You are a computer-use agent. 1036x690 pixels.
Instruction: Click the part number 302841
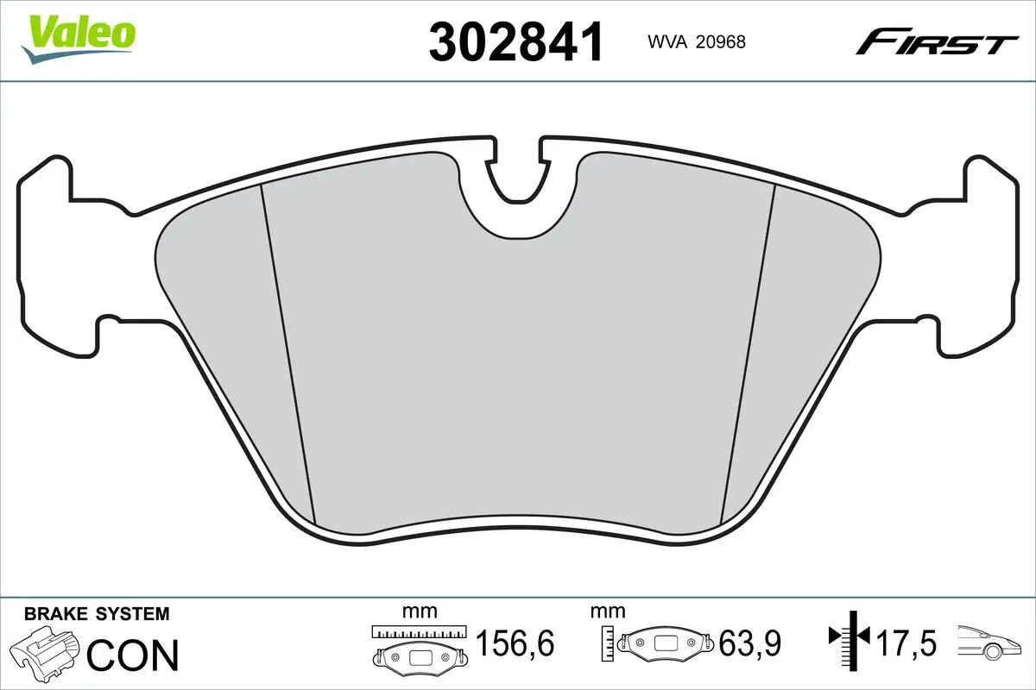tap(515, 41)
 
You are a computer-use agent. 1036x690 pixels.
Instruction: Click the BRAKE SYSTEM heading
tap(97, 615)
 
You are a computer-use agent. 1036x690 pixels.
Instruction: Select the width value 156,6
tap(515, 643)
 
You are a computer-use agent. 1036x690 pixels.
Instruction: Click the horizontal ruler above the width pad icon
tap(419, 631)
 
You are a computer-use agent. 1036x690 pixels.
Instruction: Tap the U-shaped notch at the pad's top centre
tap(517, 185)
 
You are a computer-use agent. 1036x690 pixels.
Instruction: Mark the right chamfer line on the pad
tap(748, 354)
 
